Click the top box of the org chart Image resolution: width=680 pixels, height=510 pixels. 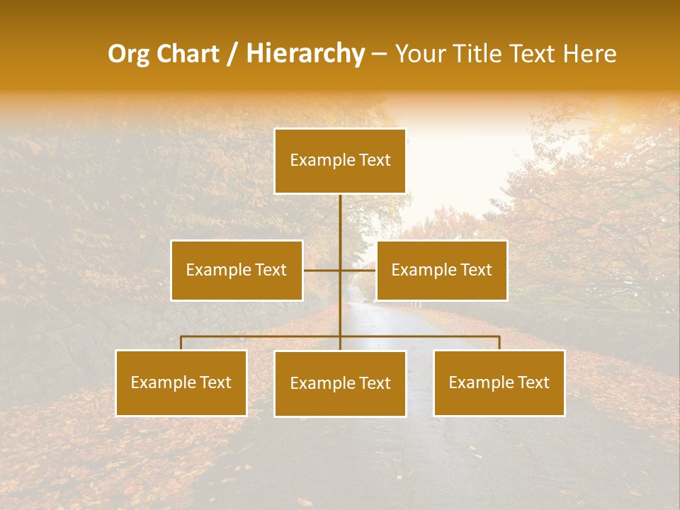coord(340,161)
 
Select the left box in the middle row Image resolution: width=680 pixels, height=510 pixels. coord(237,270)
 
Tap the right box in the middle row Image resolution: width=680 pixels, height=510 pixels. coord(441,270)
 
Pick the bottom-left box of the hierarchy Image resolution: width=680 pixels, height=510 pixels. coord(181,382)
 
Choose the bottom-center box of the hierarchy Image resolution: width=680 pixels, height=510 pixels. coord(340,383)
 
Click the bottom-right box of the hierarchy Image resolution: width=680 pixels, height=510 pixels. coord(499,382)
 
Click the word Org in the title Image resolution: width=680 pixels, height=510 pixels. coord(128,54)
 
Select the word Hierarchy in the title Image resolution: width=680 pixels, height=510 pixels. coord(305,54)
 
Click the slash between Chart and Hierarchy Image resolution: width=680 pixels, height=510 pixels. coord(232,54)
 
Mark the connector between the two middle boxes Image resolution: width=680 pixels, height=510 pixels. coord(339,270)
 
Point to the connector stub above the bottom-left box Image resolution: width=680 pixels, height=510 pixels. coord(181,343)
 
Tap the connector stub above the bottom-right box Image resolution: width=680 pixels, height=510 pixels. coord(499,343)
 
